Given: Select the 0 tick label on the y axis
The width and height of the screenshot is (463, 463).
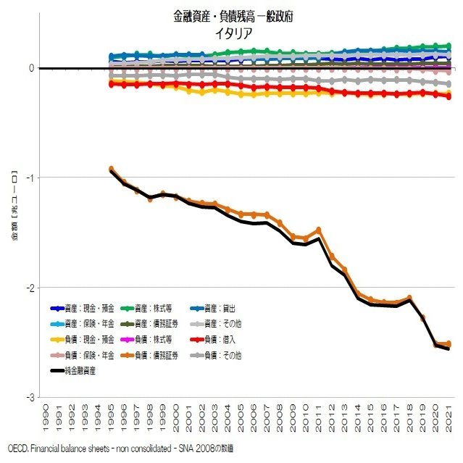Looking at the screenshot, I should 31,68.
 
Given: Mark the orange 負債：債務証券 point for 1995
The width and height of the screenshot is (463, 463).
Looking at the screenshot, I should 112,169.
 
